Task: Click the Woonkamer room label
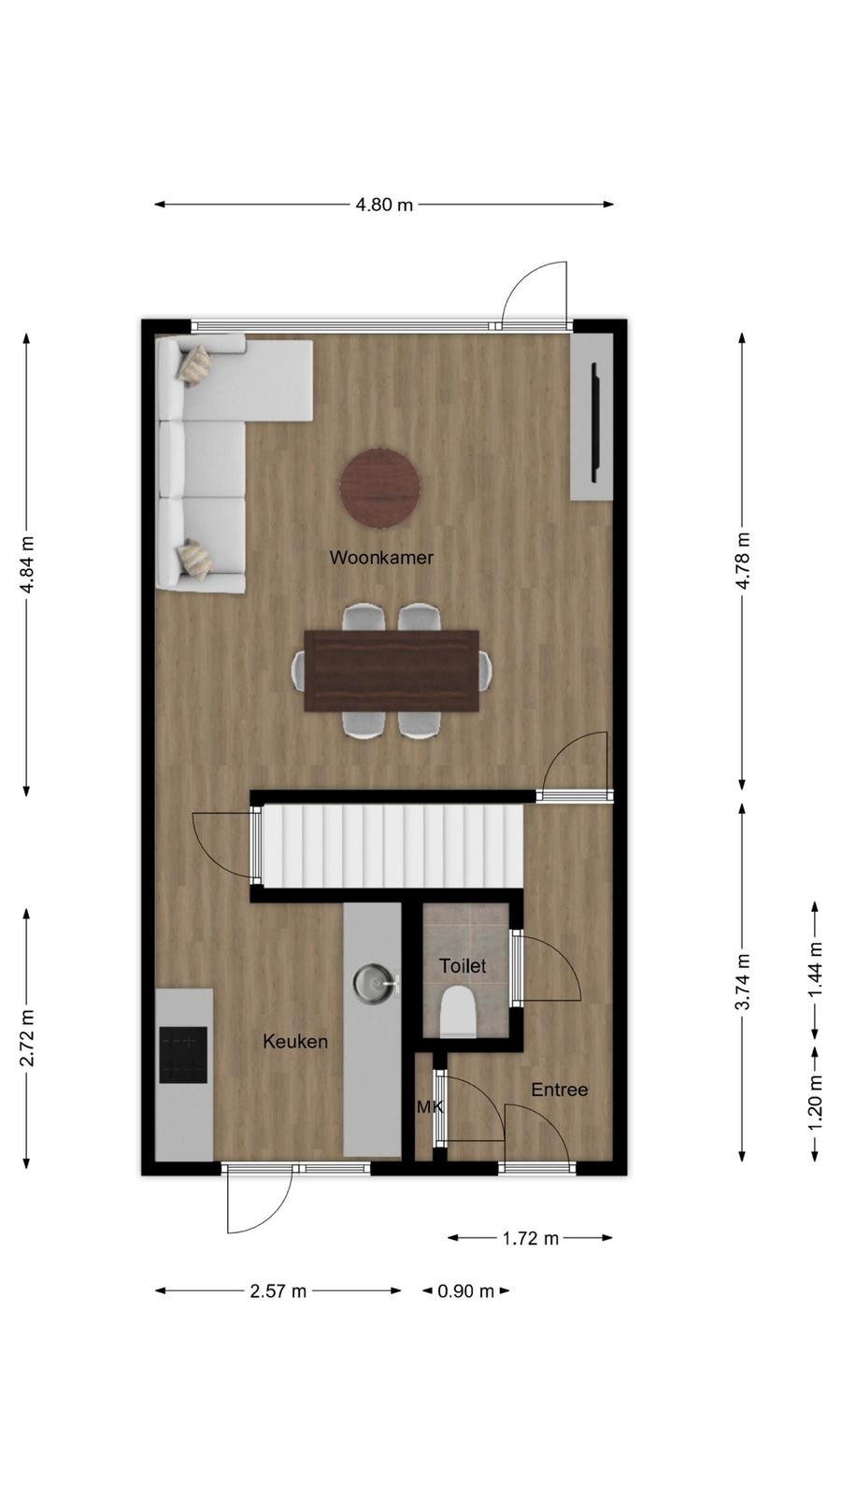point(381,557)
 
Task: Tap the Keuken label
point(295,1041)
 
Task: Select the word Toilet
point(463,965)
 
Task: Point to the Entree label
point(560,1089)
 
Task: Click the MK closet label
point(430,1107)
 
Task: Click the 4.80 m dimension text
point(384,205)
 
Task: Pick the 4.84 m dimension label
point(27,564)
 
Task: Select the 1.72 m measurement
point(531,1238)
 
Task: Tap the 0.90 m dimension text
point(466,1290)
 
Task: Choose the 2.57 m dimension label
point(278,1290)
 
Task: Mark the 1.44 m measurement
point(814,970)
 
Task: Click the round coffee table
point(379,488)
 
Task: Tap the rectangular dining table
point(392,671)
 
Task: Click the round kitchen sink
point(371,982)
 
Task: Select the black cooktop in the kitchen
point(183,1055)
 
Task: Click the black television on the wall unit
point(595,421)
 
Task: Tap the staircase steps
point(392,847)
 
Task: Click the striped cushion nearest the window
point(194,363)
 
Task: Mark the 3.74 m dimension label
point(743,981)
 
